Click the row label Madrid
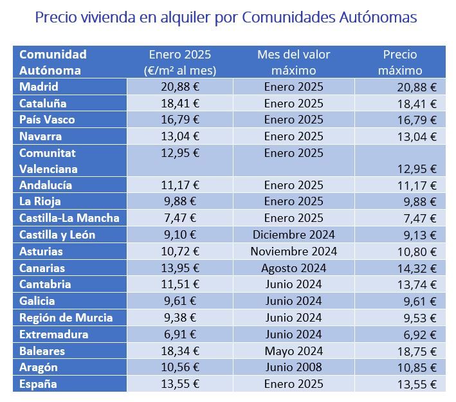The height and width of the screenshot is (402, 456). [39, 87]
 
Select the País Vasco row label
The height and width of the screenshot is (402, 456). [47, 120]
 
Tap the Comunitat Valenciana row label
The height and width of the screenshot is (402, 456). [48, 161]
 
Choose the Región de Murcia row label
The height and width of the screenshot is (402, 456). [66, 317]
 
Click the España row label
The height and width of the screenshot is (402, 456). [38, 384]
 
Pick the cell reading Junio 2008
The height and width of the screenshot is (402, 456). [293, 367]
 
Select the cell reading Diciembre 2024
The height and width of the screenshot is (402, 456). [293, 235]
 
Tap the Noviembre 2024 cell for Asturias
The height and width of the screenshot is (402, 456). [293, 251]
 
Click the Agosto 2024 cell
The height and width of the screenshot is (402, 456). [293, 268]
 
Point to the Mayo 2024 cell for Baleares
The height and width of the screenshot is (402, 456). [293, 351]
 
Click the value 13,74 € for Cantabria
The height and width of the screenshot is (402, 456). [415, 285]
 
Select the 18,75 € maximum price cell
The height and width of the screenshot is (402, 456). [415, 351]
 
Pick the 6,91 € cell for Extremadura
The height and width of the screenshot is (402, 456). [179, 334]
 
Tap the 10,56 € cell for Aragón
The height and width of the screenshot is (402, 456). [179, 367]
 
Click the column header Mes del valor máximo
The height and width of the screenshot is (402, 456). [293, 62]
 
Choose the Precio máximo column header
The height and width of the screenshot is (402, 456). [400, 62]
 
